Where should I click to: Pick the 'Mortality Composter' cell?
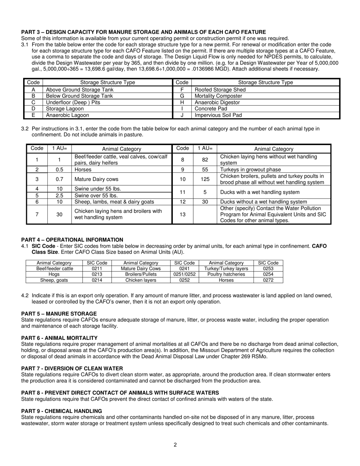(x=218, y=96)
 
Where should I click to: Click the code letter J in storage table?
(x=182, y=115)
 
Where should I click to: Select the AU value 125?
(x=205, y=179)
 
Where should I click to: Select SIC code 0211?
(x=97, y=269)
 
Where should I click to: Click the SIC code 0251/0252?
(x=184, y=274)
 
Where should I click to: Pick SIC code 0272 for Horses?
(x=268, y=280)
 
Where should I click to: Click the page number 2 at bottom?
(x=175, y=445)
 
